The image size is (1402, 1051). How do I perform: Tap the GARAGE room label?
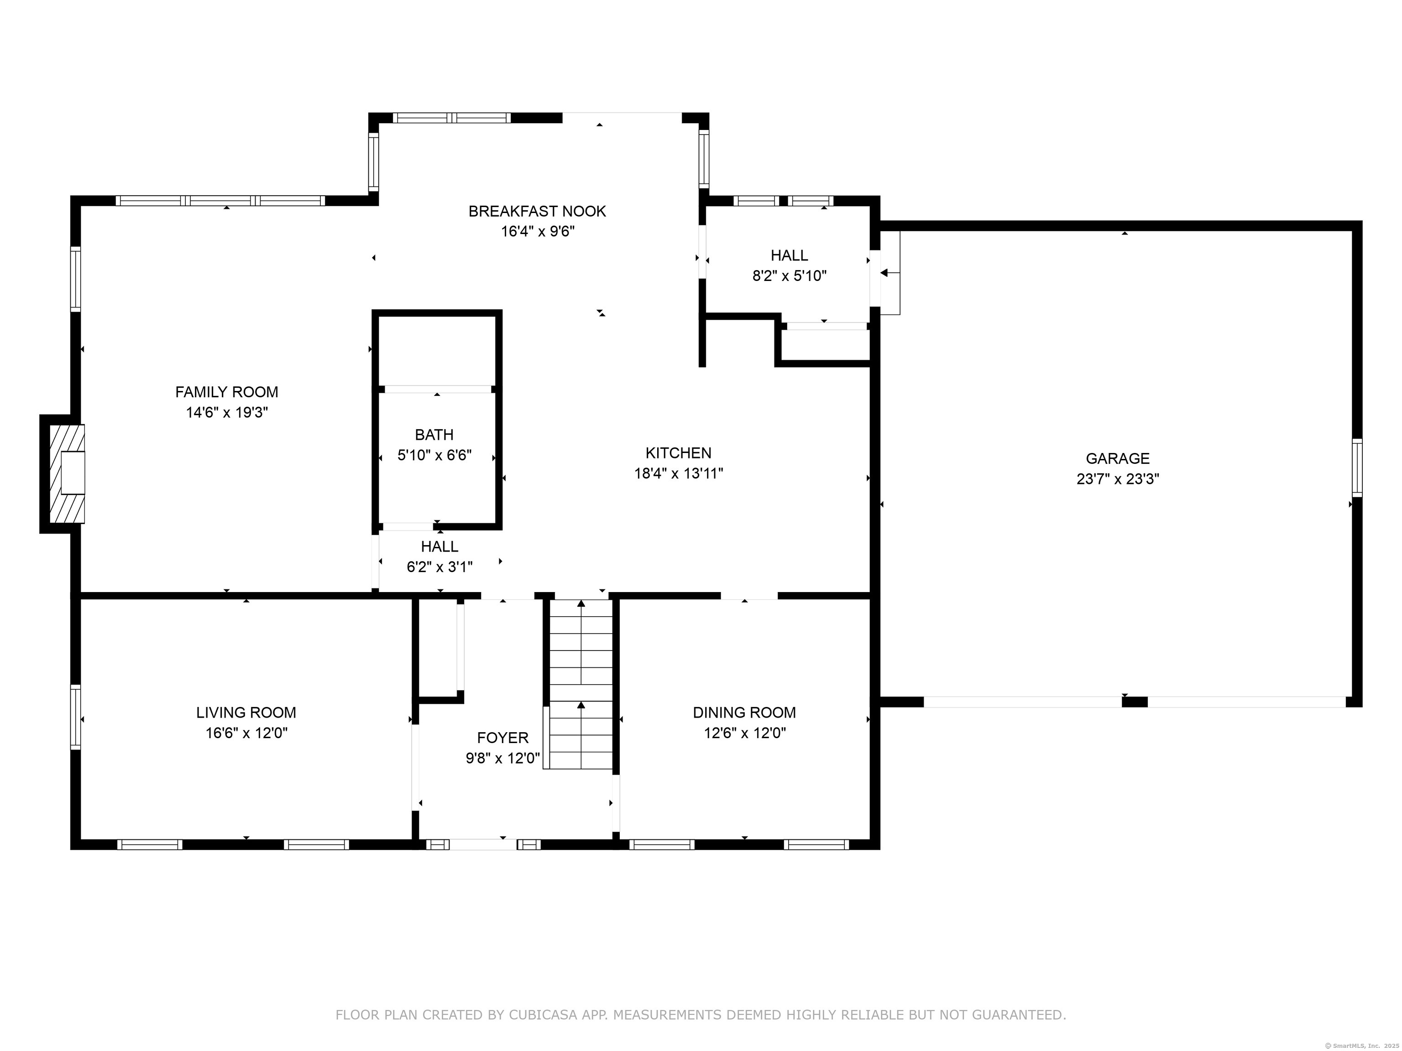[1117, 458]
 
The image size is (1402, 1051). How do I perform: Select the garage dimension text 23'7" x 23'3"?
[1117, 479]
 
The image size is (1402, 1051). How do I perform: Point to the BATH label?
[434, 435]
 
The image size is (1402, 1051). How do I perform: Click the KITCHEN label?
[678, 453]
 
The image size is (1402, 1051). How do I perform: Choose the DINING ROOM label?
[744, 712]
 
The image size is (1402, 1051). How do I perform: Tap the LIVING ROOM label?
[246, 712]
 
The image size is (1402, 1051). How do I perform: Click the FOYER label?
[502, 738]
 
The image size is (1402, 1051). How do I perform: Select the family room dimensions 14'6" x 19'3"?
[227, 412]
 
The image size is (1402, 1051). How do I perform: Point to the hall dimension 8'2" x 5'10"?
[789, 276]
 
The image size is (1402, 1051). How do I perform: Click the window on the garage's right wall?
[1357, 468]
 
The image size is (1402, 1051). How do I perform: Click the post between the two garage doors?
[1135, 702]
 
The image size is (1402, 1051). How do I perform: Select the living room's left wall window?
[75, 717]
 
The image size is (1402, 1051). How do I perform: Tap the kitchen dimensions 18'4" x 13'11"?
[678, 473]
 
